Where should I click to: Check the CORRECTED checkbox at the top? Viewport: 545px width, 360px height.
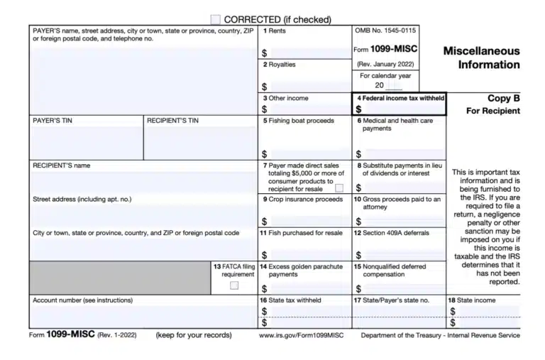pos(216,20)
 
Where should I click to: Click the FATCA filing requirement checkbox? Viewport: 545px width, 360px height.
pos(234,285)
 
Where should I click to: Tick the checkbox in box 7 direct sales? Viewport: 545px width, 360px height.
pos(339,188)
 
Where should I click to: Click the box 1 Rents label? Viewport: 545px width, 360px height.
pos(275,31)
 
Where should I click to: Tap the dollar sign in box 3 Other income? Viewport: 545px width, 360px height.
pos(265,109)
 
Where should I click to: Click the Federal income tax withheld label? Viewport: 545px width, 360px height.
pos(402,98)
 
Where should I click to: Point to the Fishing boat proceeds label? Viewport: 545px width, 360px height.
pos(298,121)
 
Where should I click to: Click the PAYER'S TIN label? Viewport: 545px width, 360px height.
pos(53,121)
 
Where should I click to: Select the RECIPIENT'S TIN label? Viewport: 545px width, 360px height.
pos(172,121)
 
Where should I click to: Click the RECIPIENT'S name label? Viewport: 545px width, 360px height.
pos(62,165)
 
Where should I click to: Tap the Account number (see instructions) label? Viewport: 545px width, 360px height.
pos(82,300)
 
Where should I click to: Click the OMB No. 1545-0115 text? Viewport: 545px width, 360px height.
pos(385,31)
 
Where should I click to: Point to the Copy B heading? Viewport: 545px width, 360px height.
pos(503,99)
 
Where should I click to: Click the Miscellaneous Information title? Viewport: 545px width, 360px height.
pos(481,58)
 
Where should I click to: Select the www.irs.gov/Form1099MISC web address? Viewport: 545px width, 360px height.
pos(302,335)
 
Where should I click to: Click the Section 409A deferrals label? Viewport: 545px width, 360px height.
pos(392,233)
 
